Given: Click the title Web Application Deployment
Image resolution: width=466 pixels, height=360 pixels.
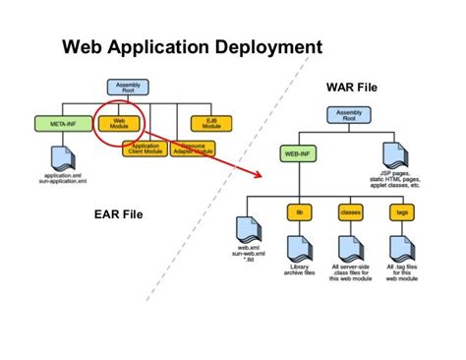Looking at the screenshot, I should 192,46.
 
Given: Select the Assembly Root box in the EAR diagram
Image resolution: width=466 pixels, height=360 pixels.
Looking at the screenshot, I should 125,90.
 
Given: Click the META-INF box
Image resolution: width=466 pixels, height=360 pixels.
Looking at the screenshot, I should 56,123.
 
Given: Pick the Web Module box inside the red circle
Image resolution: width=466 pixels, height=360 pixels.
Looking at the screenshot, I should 118,124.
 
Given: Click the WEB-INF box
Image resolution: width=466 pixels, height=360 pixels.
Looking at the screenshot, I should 300,154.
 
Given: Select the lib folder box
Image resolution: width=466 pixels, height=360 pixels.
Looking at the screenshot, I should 300,210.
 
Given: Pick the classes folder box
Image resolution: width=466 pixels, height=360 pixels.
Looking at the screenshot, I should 350,210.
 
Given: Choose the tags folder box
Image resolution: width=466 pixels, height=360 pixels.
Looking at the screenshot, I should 400,210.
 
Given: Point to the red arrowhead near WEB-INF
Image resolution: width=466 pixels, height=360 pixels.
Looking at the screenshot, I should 268,176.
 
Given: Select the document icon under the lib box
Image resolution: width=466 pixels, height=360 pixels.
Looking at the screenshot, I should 300,246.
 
